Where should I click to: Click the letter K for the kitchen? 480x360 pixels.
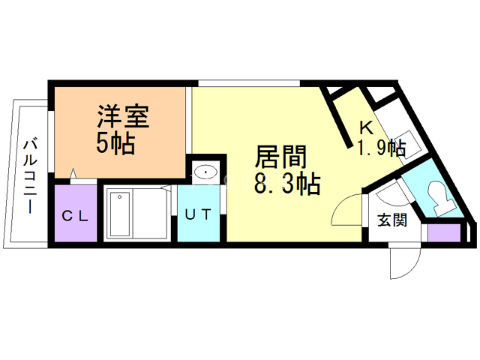[366, 127]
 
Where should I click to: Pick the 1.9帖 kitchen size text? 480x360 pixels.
[380, 148]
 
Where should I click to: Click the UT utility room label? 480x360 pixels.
[199, 214]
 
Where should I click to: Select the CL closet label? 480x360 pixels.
[75, 217]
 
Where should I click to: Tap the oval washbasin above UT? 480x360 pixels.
[205, 173]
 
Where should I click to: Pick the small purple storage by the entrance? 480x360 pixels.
[442, 232]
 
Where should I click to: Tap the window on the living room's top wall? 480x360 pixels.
[249, 82]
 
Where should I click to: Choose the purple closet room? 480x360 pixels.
[75, 214]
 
